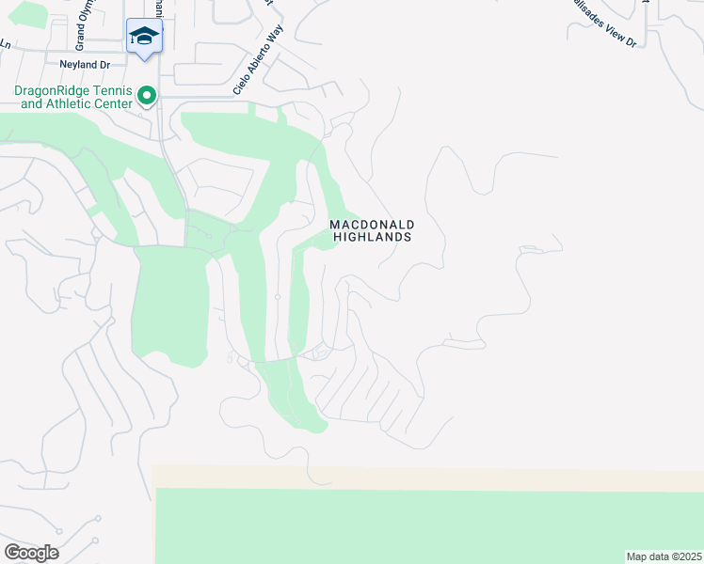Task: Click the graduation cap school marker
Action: coord(144,37)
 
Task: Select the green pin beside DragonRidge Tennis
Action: coord(147,95)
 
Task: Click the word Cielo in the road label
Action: coord(240,85)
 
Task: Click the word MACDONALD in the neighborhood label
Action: coord(372,225)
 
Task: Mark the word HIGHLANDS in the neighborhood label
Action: coord(372,237)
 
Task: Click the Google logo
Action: coord(31,553)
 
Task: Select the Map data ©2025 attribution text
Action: coord(663,556)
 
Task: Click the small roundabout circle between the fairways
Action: coord(277,297)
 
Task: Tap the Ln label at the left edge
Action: coord(5,43)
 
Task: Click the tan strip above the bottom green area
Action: coord(424,477)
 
